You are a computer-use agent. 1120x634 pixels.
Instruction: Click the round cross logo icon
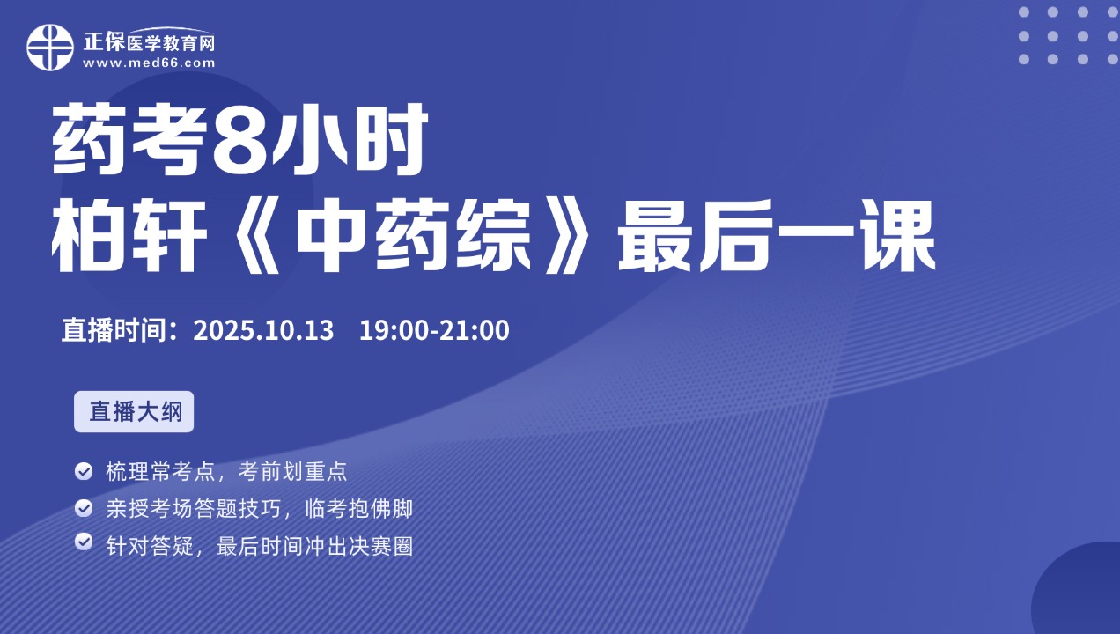click(x=50, y=48)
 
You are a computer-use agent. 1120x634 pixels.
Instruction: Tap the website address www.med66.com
click(x=149, y=63)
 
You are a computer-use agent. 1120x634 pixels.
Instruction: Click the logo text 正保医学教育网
click(x=149, y=42)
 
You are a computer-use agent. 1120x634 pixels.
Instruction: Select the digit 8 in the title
click(x=239, y=139)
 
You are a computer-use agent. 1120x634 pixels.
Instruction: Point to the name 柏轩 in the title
click(x=129, y=235)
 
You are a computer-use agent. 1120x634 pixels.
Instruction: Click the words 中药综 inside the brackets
click(x=413, y=235)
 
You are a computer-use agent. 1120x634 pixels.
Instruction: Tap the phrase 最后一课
click(x=777, y=235)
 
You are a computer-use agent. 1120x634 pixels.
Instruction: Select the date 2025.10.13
click(x=263, y=330)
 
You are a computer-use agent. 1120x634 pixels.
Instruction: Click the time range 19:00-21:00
click(x=434, y=330)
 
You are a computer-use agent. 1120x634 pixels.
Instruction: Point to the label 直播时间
click(x=113, y=330)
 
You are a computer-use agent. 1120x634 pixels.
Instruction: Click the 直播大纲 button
click(x=134, y=411)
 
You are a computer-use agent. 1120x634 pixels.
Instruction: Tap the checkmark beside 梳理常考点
click(x=84, y=471)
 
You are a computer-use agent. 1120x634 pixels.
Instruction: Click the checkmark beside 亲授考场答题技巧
click(x=84, y=508)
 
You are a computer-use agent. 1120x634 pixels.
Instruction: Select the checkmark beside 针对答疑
click(x=84, y=542)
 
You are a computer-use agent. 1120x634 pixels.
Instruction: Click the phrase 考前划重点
click(x=292, y=471)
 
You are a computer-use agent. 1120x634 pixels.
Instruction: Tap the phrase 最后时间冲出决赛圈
click(x=315, y=547)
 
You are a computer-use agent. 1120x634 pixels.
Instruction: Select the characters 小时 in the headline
click(x=349, y=139)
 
